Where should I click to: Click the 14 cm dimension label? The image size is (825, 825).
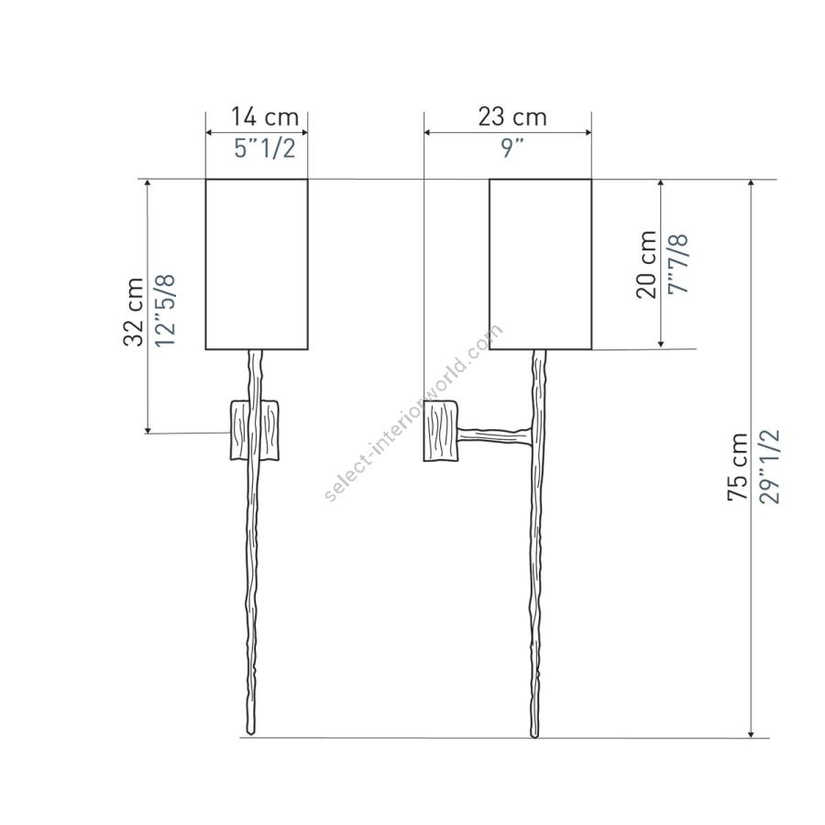pos(265,116)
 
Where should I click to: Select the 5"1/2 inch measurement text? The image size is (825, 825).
pos(265,148)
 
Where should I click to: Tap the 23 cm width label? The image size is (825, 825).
pos(511,116)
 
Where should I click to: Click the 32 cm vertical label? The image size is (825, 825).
pos(133,312)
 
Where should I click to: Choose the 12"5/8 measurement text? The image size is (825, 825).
pos(165,311)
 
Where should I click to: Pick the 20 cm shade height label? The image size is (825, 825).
pos(646,265)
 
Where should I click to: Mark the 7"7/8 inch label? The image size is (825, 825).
pos(678,265)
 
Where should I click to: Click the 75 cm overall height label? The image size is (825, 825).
pos(737,467)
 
